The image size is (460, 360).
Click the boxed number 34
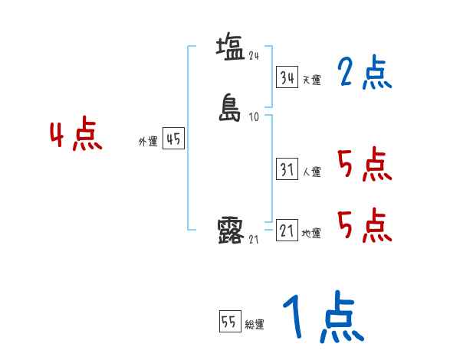[x=287, y=77]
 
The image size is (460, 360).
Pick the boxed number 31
[x=287, y=170]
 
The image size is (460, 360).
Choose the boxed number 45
[x=173, y=139]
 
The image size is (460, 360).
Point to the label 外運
[x=147, y=142]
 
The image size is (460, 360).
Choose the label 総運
[x=255, y=325]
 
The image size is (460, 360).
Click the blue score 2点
[x=364, y=74]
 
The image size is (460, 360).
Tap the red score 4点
[x=76, y=136]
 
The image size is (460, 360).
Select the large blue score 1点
[x=323, y=318]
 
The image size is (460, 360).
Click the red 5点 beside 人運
[x=364, y=165]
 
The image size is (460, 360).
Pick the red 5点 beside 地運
[x=364, y=225]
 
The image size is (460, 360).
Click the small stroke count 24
[x=254, y=55]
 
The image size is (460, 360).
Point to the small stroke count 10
[x=254, y=117]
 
